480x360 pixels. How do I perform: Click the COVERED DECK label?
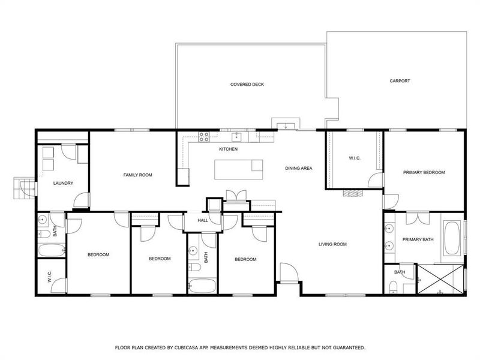(x=247, y=85)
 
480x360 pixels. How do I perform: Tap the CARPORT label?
(x=400, y=81)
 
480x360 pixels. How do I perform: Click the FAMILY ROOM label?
(x=137, y=175)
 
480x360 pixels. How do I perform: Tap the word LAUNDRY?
(x=63, y=183)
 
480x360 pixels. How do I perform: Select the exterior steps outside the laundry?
(x=22, y=187)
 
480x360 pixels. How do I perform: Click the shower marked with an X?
(x=440, y=279)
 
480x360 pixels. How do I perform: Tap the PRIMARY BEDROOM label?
(x=424, y=172)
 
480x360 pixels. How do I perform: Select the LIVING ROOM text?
(x=332, y=244)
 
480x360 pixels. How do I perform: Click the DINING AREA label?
(x=298, y=169)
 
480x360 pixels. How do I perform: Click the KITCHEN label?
(x=228, y=149)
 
